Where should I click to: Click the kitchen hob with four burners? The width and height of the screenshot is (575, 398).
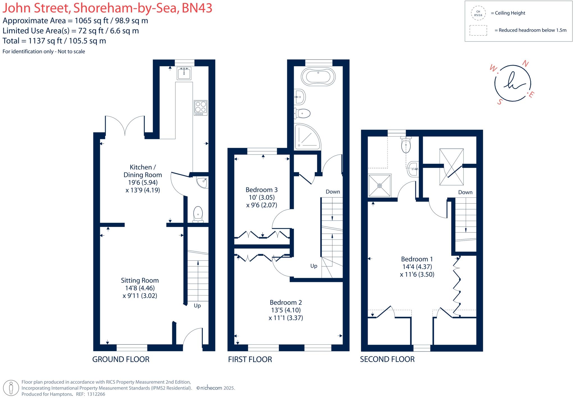pyautogui.click(x=200, y=108)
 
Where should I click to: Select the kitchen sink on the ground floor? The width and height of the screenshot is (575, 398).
pyautogui.click(x=184, y=73)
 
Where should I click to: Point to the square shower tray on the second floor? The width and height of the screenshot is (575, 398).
pyautogui.click(x=380, y=185)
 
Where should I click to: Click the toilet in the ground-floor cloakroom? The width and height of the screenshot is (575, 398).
pyautogui.click(x=198, y=215)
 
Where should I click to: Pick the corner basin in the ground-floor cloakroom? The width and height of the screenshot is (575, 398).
pyautogui.click(x=202, y=182)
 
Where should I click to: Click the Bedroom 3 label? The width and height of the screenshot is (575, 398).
pyautogui.click(x=261, y=190)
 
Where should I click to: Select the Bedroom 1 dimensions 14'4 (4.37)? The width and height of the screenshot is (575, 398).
pyautogui.click(x=417, y=267)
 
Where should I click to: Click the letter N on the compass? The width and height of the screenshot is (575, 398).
pyautogui.click(x=525, y=64)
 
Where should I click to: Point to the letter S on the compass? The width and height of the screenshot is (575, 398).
pyautogui.click(x=499, y=102)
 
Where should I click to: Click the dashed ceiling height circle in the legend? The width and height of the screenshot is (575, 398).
pyautogui.click(x=478, y=13)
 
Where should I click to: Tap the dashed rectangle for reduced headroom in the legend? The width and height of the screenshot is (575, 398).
pyautogui.click(x=478, y=30)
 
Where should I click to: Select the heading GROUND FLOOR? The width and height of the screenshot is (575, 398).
pyautogui.click(x=121, y=359)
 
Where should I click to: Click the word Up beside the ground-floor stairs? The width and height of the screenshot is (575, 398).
pyautogui.click(x=197, y=306)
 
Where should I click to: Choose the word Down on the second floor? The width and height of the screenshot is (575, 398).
pyautogui.click(x=465, y=192)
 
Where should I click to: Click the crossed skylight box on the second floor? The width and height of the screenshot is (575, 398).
pyautogui.click(x=451, y=167)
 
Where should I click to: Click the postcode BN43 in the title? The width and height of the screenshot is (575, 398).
pyautogui.click(x=197, y=8)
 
